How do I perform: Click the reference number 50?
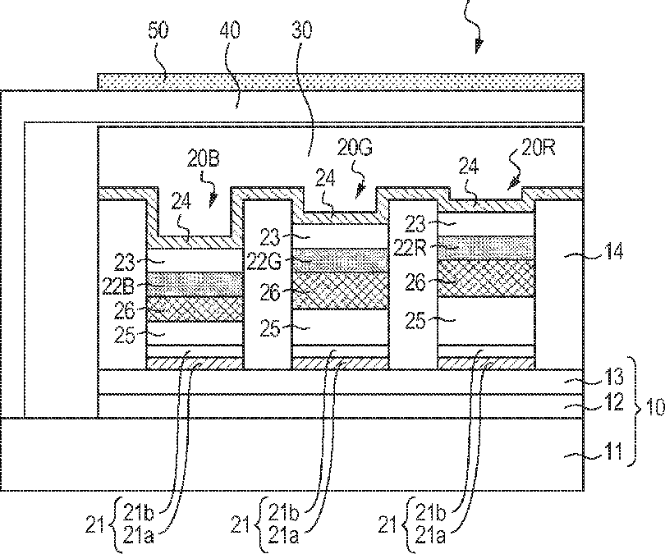(158, 30)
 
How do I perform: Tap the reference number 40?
(231, 30)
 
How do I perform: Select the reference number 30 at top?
(302, 30)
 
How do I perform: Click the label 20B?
(204, 159)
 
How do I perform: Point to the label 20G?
(355, 148)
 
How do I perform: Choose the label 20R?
(539, 148)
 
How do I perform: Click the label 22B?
(118, 286)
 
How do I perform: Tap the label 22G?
(264, 263)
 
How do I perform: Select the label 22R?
(410, 248)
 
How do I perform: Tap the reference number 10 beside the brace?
(655, 407)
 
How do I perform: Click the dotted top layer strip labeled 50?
(341, 82)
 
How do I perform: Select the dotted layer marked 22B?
(195, 284)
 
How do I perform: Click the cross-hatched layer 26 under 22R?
(485, 278)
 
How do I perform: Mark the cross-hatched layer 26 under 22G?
(341, 291)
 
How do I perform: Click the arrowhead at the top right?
(479, 46)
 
